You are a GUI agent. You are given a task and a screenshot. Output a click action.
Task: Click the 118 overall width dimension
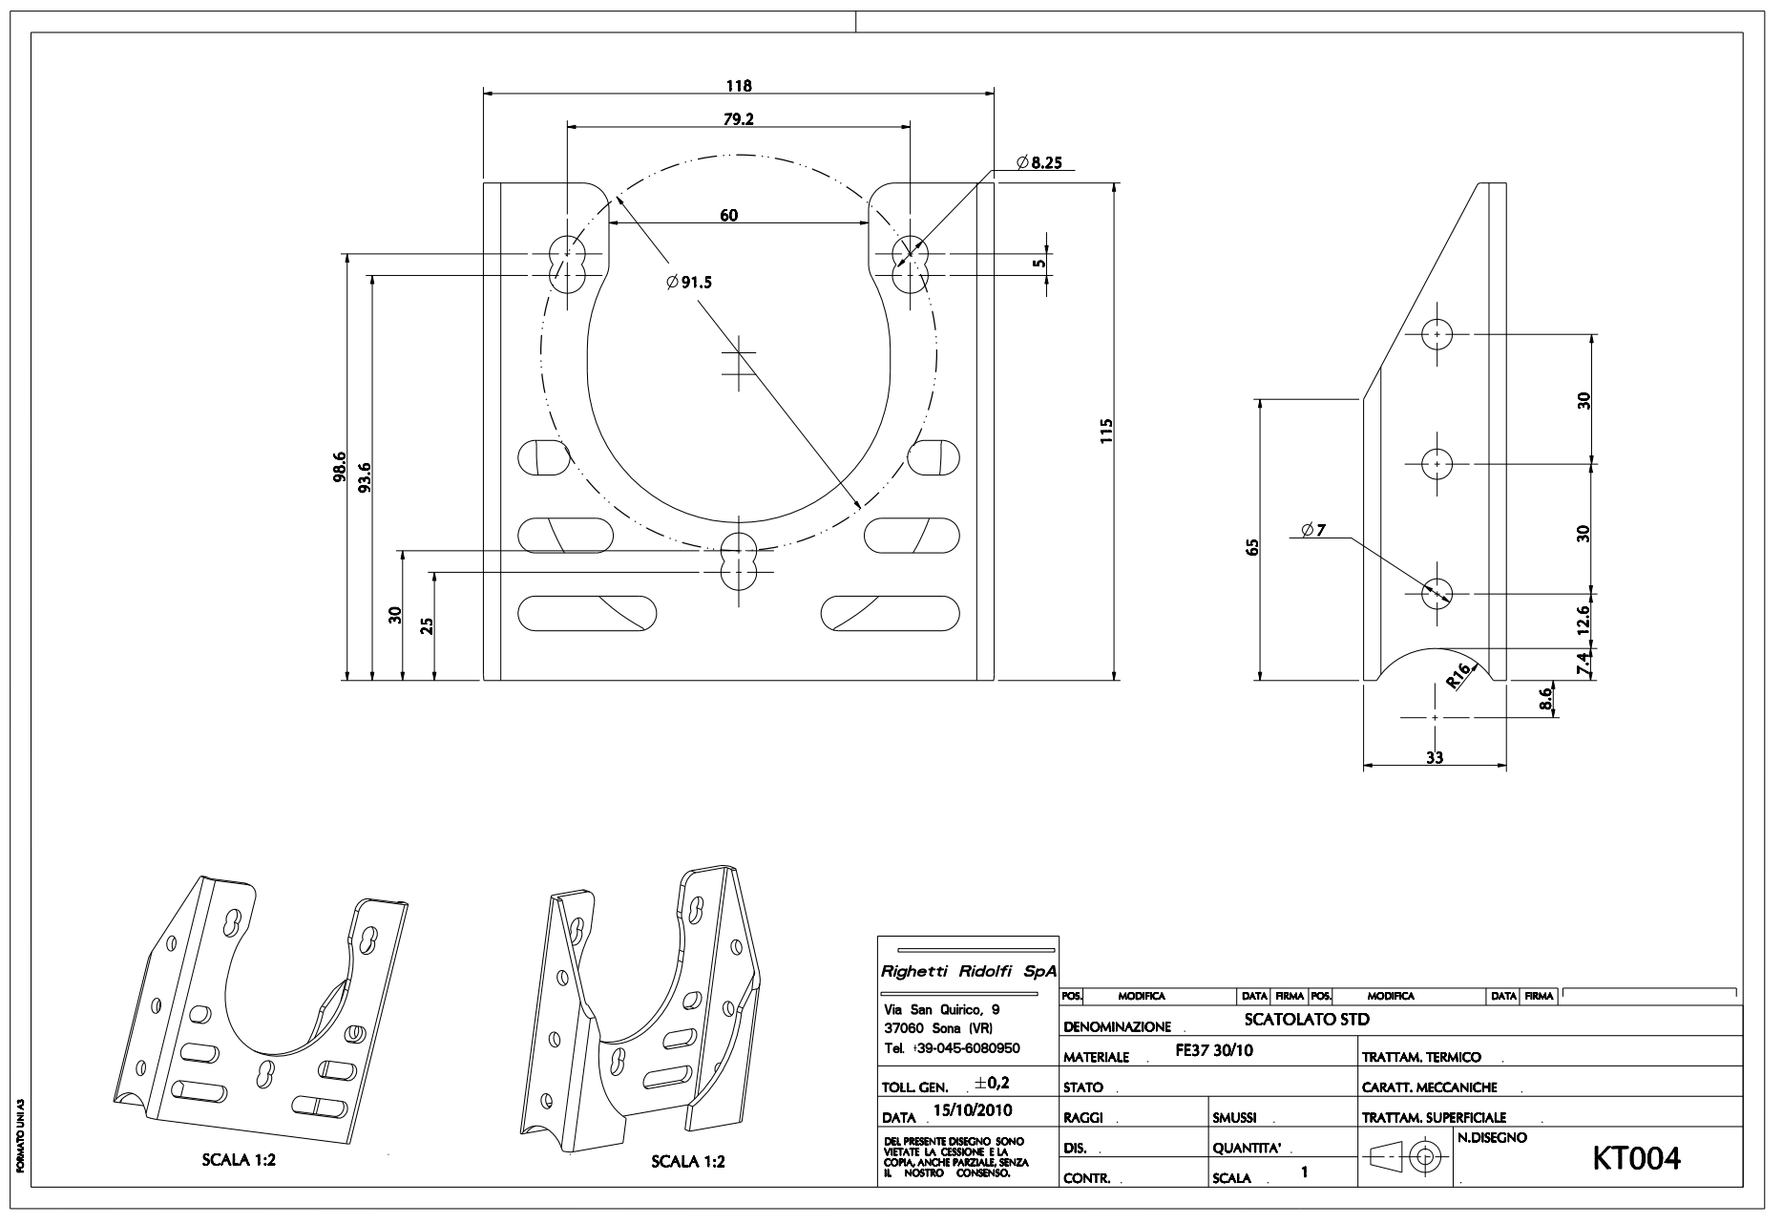pos(739,86)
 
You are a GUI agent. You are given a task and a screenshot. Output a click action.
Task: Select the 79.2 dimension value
pos(739,119)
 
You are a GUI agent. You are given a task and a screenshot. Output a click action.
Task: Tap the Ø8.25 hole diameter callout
pos(1038,163)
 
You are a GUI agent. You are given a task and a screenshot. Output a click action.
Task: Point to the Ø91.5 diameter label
pos(690,282)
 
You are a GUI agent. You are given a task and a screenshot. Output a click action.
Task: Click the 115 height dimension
pos(1106,431)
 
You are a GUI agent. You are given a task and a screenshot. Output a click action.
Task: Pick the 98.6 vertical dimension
pos(341,468)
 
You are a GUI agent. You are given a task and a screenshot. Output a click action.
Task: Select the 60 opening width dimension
pos(728,216)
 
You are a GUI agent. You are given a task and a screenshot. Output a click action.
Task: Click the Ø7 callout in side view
pos(1313,530)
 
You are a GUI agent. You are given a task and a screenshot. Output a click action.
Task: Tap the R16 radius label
pos(1458,677)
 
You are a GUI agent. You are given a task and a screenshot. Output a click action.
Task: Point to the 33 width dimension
pos(1434,757)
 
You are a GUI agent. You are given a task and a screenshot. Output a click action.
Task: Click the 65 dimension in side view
pos(1253,547)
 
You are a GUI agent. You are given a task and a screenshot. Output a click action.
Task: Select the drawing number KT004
pos(1636,1158)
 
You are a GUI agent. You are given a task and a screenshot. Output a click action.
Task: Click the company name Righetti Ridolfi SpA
pos(968,972)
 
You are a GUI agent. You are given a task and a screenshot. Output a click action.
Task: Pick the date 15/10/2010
pos(973,1110)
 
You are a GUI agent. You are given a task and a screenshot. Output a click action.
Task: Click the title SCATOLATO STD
pos(1307,1020)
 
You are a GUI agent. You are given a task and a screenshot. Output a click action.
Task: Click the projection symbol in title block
pos(1406,1156)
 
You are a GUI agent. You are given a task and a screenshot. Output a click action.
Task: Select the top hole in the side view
pos(1436,334)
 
